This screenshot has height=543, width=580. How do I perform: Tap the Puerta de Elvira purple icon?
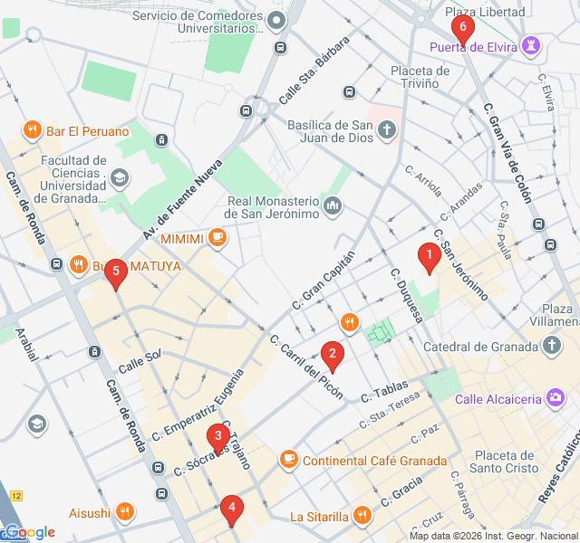(533, 44)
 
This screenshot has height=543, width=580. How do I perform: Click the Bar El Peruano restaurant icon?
(32, 129)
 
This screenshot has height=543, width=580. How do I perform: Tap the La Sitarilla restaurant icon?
(362, 517)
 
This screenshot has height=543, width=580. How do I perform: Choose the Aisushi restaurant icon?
(125, 512)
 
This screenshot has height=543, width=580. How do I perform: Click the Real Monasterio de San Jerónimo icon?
(333, 207)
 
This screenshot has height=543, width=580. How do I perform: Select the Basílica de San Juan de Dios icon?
(387, 131)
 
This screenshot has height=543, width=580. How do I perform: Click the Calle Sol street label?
(140, 355)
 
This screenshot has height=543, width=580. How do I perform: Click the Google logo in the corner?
(29, 532)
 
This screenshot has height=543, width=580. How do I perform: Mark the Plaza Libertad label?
(485, 12)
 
